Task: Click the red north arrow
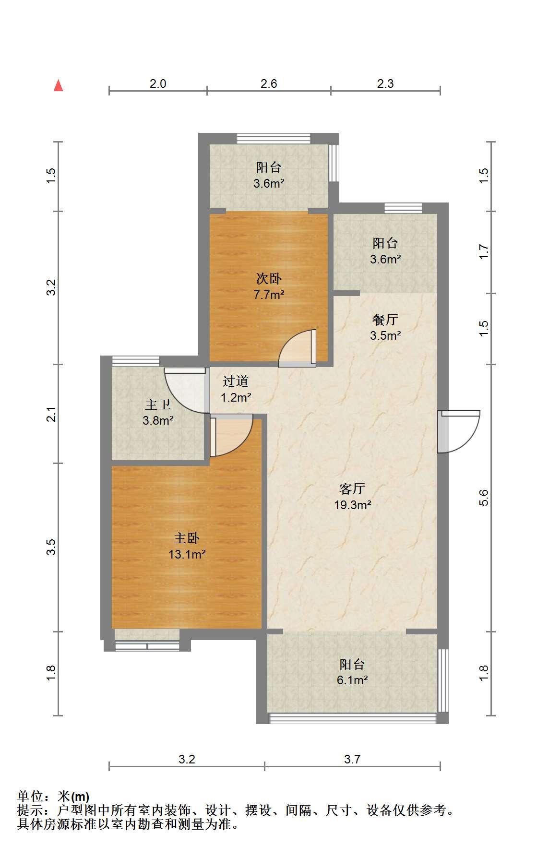coord(59,85)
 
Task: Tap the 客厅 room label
coord(352,488)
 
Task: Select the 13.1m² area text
coord(187,555)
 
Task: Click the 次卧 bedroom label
coord(269,278)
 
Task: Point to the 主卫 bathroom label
coord(158,405)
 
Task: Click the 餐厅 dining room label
coord(385,319)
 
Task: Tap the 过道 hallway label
coord(236,381)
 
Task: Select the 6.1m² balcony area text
coord(352,680)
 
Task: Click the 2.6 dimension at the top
coord(269,83)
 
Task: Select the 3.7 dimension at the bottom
coord(352,759)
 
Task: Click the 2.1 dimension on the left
coord(51,414)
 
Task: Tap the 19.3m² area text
coord(352,505)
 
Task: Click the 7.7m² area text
coord(269,295)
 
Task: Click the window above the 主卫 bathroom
coord(136,361)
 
